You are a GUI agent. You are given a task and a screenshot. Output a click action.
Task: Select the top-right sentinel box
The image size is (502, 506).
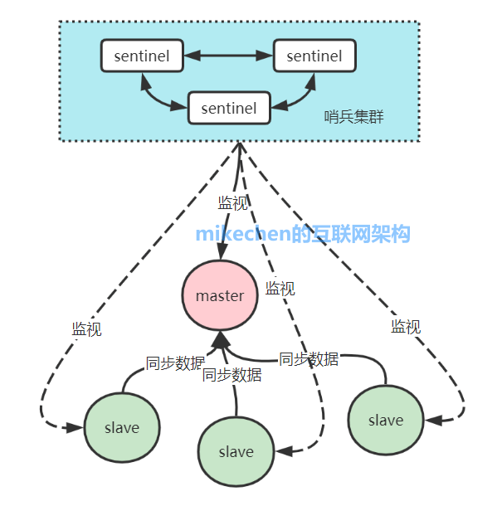[x=314, y=56]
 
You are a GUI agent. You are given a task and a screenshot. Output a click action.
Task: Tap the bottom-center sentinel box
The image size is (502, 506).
[x=228, y=108]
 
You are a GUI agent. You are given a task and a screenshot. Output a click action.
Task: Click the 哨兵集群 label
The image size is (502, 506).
[x=353, y=116]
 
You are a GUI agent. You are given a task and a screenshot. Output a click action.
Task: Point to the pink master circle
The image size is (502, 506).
[x=220, y=296]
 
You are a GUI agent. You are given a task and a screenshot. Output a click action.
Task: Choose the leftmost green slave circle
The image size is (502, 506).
[x=122, y=428]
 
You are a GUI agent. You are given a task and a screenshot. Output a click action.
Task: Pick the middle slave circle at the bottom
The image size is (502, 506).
[x=236, y=451]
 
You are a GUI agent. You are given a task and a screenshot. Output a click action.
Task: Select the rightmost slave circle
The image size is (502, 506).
[x=385, y=420]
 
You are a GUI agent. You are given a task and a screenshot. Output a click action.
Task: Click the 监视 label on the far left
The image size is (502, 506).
[x=86, y=329]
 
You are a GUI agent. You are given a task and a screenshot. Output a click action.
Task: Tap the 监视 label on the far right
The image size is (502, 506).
[x=406, y=327]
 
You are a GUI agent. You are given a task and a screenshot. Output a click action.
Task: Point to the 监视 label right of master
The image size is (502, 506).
[x=280, y=289]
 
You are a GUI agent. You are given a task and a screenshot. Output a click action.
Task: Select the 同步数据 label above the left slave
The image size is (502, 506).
[x=174, y=362]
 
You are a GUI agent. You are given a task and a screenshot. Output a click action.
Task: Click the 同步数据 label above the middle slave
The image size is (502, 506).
[x=232, y=375]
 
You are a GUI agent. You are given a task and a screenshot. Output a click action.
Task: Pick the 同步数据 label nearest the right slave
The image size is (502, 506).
[x=309, y=359]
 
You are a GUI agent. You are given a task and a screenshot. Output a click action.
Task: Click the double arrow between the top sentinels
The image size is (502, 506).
[x=227, y=56]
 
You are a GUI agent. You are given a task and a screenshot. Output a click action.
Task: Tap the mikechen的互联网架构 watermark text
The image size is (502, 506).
[x=303, y=235]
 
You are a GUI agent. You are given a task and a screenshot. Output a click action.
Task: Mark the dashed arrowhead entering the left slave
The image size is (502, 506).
[x=74, y=427]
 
